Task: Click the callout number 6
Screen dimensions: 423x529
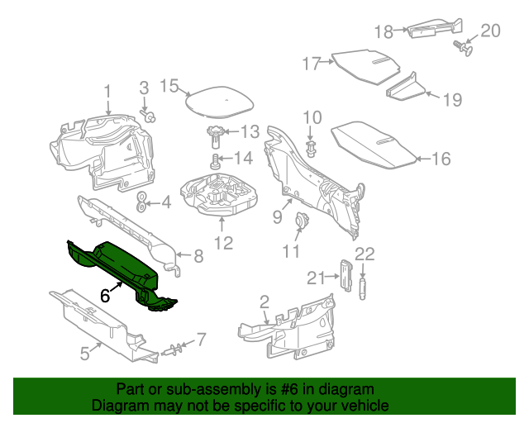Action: click(x=105, y=294)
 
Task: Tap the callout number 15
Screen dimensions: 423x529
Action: click(x=169, y=85)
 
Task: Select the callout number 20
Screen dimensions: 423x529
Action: click(x=491, y=31)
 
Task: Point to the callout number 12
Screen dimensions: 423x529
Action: click(x=224, y=243)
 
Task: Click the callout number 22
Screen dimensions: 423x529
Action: click(x=365, y=254)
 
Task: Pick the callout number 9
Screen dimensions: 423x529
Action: click(x=278, y=217)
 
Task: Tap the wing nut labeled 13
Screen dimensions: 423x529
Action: click(x=217, y=132)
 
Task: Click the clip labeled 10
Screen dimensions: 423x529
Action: click(x=312, y=150)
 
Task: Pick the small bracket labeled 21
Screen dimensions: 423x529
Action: click(x=346, y=274)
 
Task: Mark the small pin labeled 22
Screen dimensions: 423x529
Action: click(x=363, y=286)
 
